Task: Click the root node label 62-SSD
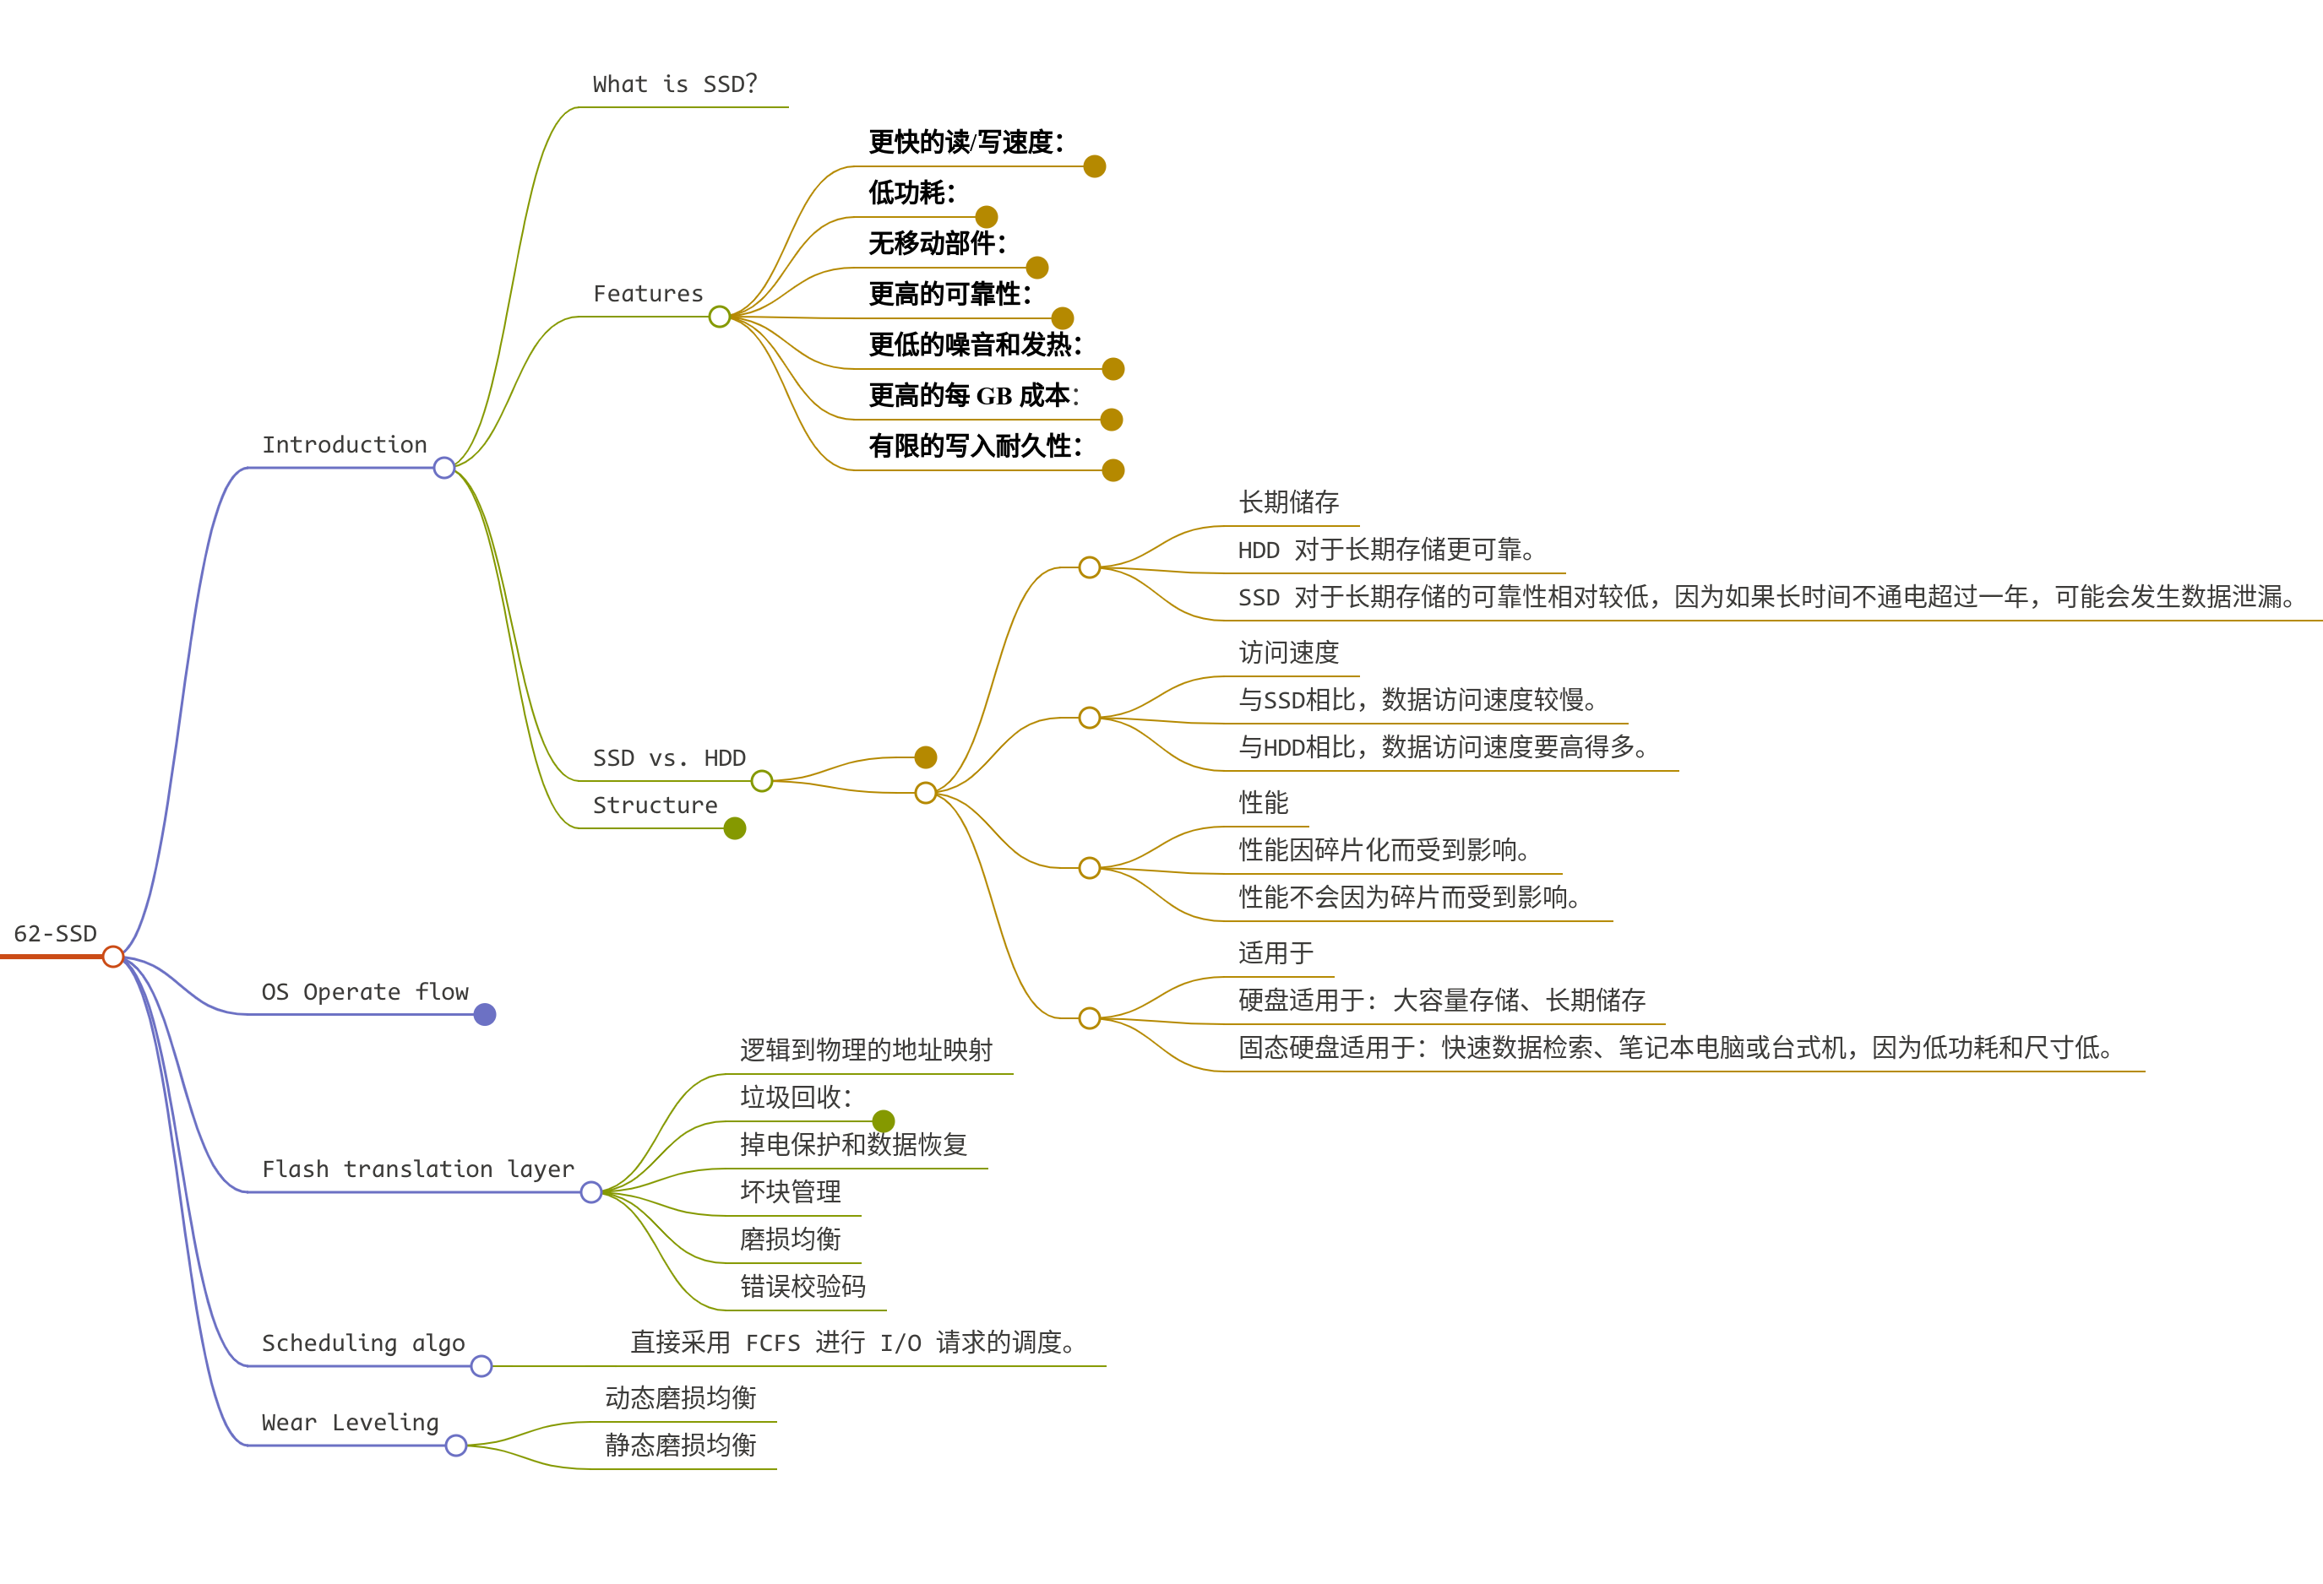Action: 55,933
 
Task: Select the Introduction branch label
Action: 344,445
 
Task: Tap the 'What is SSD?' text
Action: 675,84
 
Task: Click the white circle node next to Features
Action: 719,317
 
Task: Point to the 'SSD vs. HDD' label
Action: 669,757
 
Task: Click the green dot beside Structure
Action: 735,828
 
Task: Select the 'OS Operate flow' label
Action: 365,991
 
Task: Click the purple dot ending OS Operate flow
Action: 485,1016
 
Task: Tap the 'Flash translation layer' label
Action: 418,1169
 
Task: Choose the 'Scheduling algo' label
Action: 363,1343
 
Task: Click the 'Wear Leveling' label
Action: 350,1421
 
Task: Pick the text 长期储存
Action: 1288,502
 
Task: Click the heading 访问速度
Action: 1288,653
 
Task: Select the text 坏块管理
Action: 790,1191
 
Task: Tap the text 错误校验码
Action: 802,1286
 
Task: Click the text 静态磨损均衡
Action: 680,1445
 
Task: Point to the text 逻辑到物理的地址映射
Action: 866,1050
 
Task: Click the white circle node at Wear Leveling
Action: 456,1445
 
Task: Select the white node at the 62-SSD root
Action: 113,957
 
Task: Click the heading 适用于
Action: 1276,953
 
